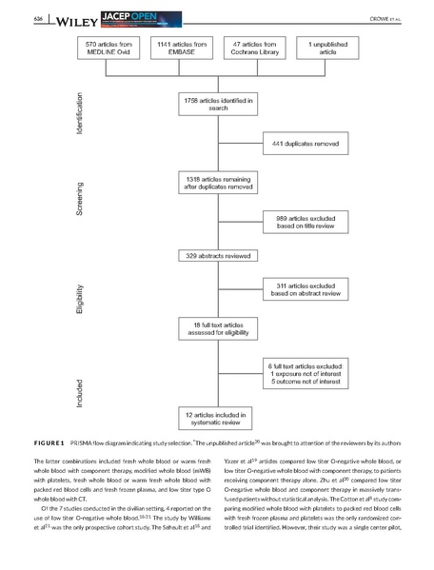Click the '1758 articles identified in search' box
click(x=214, y=104)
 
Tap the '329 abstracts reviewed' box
click(x=214, y=255)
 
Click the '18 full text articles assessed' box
click(x=214, y=328)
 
